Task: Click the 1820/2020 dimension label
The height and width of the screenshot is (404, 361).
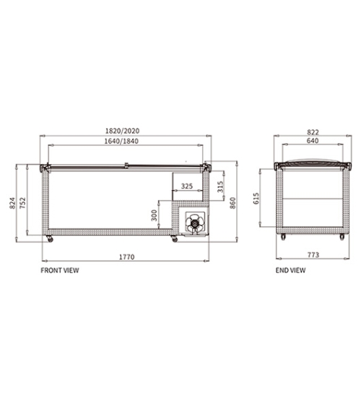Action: tap(122, 131)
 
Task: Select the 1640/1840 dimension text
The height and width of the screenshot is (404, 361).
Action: tap(121, 141)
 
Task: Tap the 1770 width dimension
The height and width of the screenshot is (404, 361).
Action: tap(126, 257)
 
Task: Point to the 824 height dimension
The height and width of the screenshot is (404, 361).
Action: tap(12, 203)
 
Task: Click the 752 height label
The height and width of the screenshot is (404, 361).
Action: tap(23, 203)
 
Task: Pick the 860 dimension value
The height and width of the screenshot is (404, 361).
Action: tap(232, 203)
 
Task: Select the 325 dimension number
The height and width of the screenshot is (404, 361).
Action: tap(187, 186)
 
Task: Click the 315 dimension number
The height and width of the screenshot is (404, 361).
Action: tap(220, 186)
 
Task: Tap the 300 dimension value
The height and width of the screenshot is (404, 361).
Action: tap(154, 215)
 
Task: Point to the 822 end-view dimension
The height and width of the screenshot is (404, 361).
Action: tap(313, 132)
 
